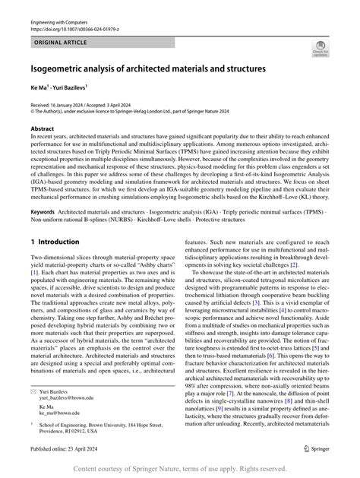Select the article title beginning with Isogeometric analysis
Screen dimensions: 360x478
tap(148, 69)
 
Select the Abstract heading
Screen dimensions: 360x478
tap(43, 129)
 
